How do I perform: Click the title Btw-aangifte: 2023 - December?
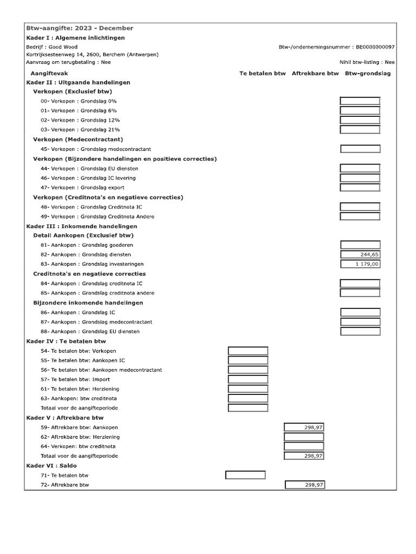[x=80, y=28]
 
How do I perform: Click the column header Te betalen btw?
[x=262, y=73]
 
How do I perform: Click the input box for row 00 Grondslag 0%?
[x=360, y=101]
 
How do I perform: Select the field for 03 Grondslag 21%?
[x=360, y=130]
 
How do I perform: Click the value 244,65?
[x=360, y=254]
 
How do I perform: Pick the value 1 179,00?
[x=360, y=264]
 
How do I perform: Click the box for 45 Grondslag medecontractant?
[x=360, y=149]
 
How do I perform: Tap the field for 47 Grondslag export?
[x=360, y=188]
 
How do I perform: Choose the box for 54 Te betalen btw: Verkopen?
[x=248, y=351]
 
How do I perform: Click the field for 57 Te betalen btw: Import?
[x=248, y=379]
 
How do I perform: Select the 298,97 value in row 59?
[x=304, y=427]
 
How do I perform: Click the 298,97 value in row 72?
[x=305, y=485]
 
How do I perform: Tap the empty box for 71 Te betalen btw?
[x=245, y=475]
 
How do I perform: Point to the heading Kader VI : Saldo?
[x=51, y=465]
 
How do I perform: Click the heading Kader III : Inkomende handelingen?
[x=82, y=226]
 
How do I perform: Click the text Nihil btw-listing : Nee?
[x=367, y=62]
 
